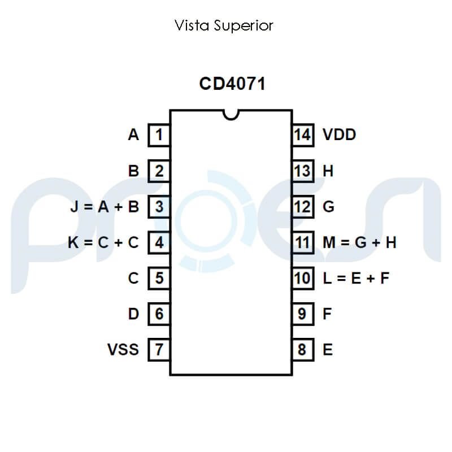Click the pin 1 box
click(x=159, y=135)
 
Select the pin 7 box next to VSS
click(x=159, y=349)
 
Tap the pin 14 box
click(x=303, y=135)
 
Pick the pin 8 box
click(x=303, y=349)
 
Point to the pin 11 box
click(x=303, y=242)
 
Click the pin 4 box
click(x=159, y=242)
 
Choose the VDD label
click(x=339, y=135)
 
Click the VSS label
click(x=123, y=349)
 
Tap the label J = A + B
click(x=105, y=207)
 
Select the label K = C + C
click(x=103, y=242)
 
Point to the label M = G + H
click(x=359, y=242)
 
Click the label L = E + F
click(x=356, y=278)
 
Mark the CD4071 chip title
click(x=232, y=84)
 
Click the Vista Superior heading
click(x=224, y=25)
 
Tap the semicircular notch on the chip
click(x=231, y=115)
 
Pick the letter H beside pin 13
click(x=328, y=171)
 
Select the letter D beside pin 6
click(x=133, y=314)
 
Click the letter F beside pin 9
click(x=327, y=314)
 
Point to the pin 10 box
click(x=303, y=278)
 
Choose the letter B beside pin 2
click(x=133, y=171)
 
